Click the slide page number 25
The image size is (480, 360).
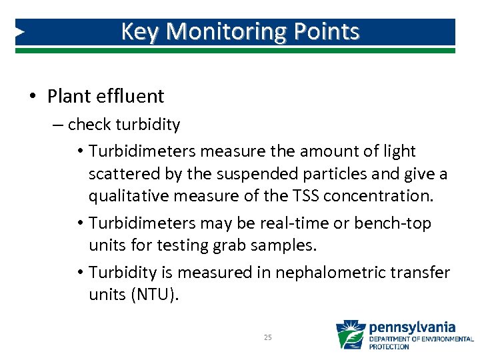pos(267,337)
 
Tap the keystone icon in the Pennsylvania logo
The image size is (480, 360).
pos(350,335)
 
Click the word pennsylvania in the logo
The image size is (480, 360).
pos(412,327)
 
